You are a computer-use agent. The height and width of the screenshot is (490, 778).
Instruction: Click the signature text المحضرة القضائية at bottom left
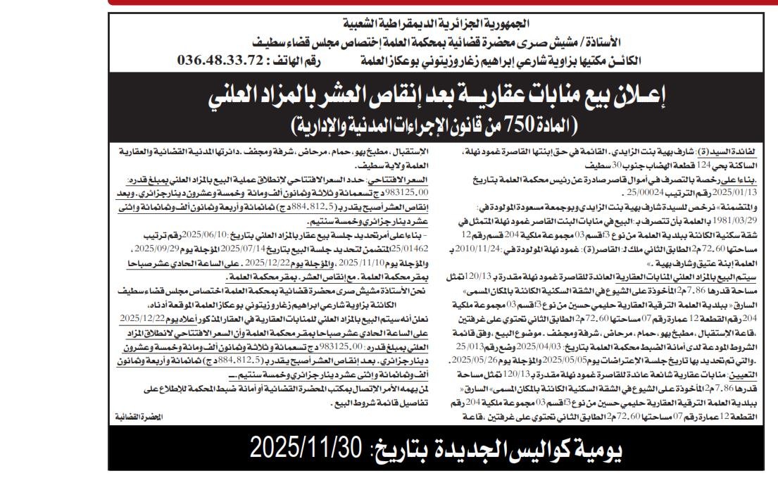pyautogui.click(x=139, y=417)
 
